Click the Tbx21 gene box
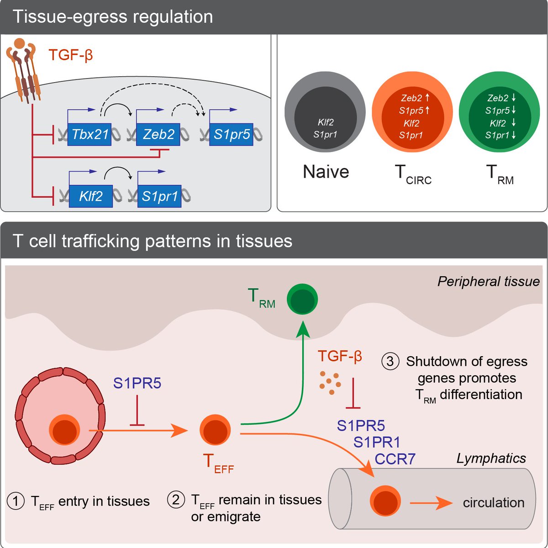click(x=90, y=134)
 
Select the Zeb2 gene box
click(x=158, y=134)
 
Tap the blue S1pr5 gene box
click(x=231, y=134)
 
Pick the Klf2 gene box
click(x=90, y=196)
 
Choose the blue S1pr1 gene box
click(x=159, y=196)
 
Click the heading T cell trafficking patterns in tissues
click(x=153, y=241)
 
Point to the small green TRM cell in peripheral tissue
click(x=302, y=299)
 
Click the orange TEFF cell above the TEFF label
click(x=215, y=430)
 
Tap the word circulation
click(x=493, y=503)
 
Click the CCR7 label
click(x=395, y=458)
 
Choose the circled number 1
click(x=16, y=501)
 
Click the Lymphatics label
click(x=491, y=458)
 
